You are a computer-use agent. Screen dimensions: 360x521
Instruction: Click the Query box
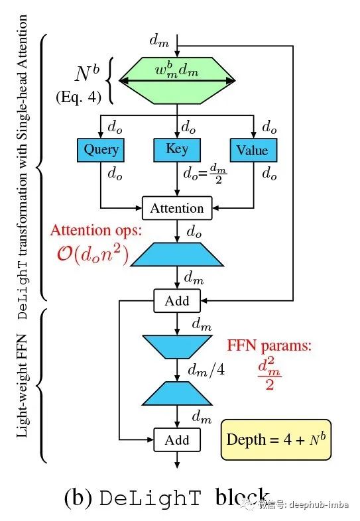point(101,150)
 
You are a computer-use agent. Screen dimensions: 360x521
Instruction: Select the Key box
point(177,150)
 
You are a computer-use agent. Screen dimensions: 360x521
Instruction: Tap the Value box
point(254,150)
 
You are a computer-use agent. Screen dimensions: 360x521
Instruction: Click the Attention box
point(177,208)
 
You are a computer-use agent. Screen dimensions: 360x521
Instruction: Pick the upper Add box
point(177,301)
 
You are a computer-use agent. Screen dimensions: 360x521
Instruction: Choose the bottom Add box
point(177,440)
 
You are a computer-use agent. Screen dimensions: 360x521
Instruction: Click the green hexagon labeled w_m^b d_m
point(177,81)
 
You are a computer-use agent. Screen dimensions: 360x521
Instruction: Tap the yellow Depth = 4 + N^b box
point(276,439)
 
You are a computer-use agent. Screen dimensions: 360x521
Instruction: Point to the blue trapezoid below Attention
point(177,255)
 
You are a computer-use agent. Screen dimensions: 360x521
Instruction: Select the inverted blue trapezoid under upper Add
point(177,347)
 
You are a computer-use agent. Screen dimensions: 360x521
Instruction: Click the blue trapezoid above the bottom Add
point(177,394)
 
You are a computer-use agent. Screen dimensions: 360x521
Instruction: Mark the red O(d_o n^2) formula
point(92,255)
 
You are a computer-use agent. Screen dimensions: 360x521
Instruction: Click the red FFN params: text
point(269,345)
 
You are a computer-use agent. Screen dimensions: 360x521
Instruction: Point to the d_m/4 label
point(206,370)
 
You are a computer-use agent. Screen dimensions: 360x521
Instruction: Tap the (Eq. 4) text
point(78,97)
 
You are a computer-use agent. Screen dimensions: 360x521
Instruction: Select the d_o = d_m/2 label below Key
point(205,173)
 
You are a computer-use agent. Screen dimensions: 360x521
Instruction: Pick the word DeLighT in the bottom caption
point(150,498)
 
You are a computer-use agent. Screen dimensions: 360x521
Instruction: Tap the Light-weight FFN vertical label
point(23,385)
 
